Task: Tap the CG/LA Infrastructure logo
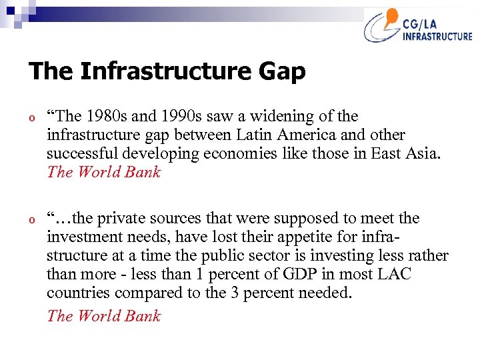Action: (x=417, y=27)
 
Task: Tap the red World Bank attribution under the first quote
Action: (x=104, y=172)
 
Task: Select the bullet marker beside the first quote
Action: (x=32, y=117)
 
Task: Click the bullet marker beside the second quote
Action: (x=32, y=219)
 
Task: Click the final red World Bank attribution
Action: (x=104, y=316)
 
